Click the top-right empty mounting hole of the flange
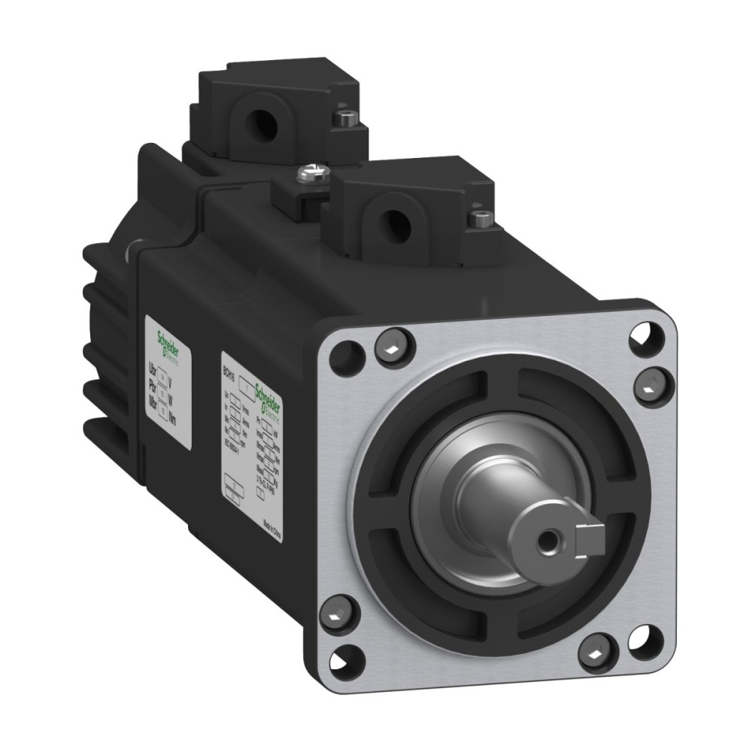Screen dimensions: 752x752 [643, 335]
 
